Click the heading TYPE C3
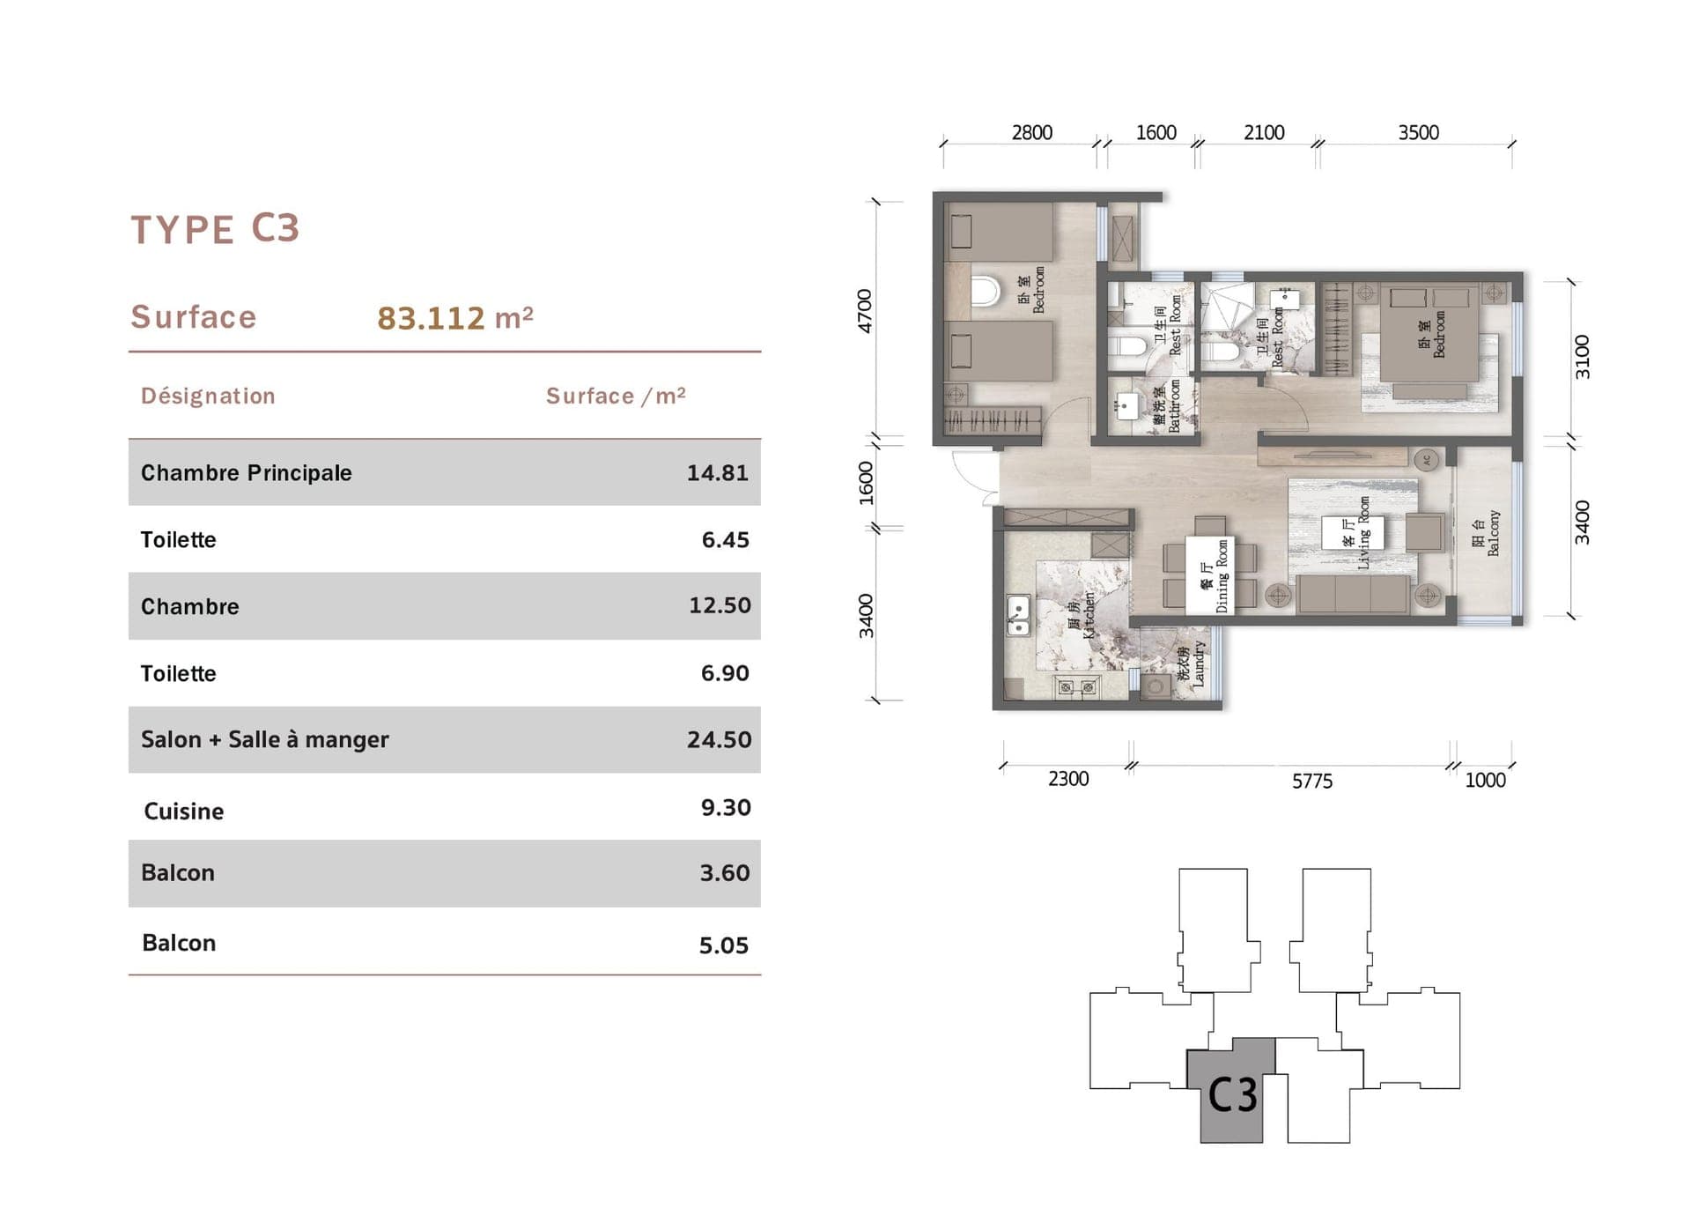coord(216,229)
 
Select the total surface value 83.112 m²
coord(454,318)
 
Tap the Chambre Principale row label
coord(246,473)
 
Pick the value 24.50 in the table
coord(719,739)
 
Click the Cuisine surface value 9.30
coord(725,808)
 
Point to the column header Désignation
coord(208,396)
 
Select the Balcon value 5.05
coord(723,945)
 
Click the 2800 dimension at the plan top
coord(1031,133)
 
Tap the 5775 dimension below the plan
coord(1311,782)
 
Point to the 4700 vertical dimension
coord(865,311)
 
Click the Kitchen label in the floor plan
coord(1082,615)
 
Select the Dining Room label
coord(1215,576)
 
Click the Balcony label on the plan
coord(1486,532)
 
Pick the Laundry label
coord(1191,664)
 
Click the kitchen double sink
coord(1018,615)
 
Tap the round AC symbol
coord(1427,460)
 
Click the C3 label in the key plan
coord(1231,1095)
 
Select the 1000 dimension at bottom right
coord(1484,781)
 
